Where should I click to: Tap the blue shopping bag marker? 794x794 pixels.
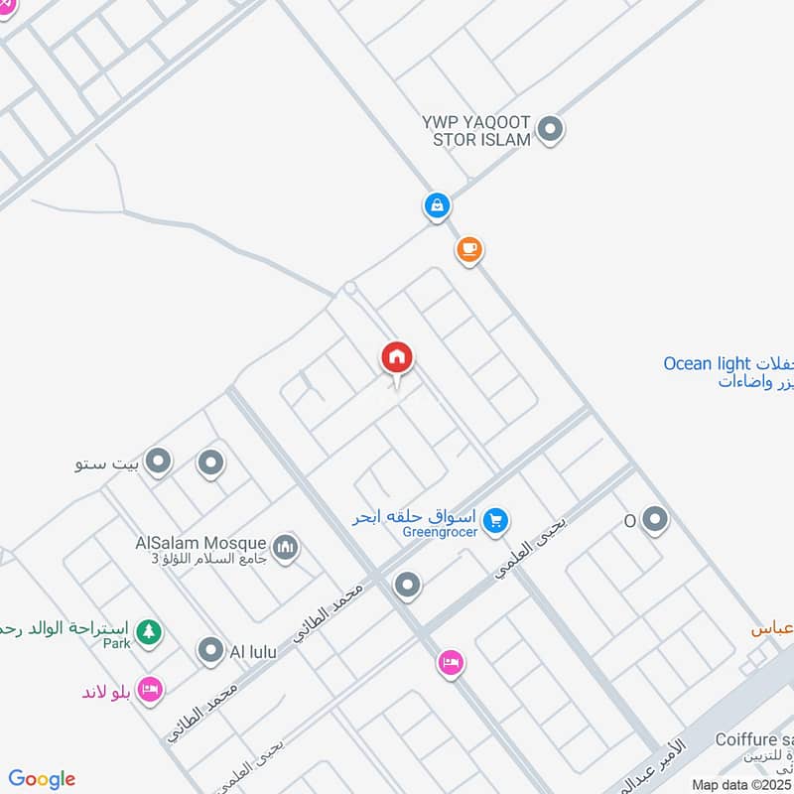436,206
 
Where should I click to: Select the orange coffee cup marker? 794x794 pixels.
469,249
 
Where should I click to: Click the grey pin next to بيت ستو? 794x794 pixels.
157,462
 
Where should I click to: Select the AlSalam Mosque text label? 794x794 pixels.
201,544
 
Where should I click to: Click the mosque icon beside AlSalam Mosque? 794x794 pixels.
286,548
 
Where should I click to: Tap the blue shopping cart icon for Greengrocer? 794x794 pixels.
497,518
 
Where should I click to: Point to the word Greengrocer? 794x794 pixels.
441,533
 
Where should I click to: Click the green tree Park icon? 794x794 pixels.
148,631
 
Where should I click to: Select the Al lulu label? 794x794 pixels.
253,652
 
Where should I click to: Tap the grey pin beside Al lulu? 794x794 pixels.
209,651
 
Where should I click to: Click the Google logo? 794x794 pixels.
42,779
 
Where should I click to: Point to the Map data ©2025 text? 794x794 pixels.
742,784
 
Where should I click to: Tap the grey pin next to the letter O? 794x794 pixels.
654,519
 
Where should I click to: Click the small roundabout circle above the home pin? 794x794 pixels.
349,288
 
